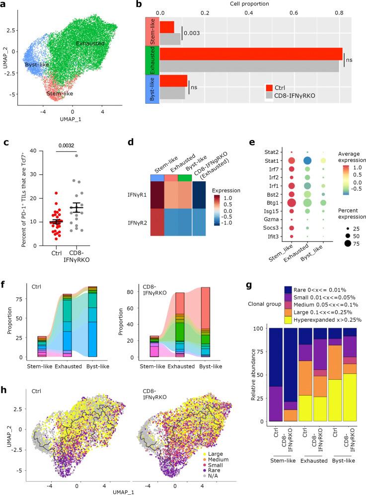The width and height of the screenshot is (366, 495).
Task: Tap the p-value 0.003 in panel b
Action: click(x=191, y=33)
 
